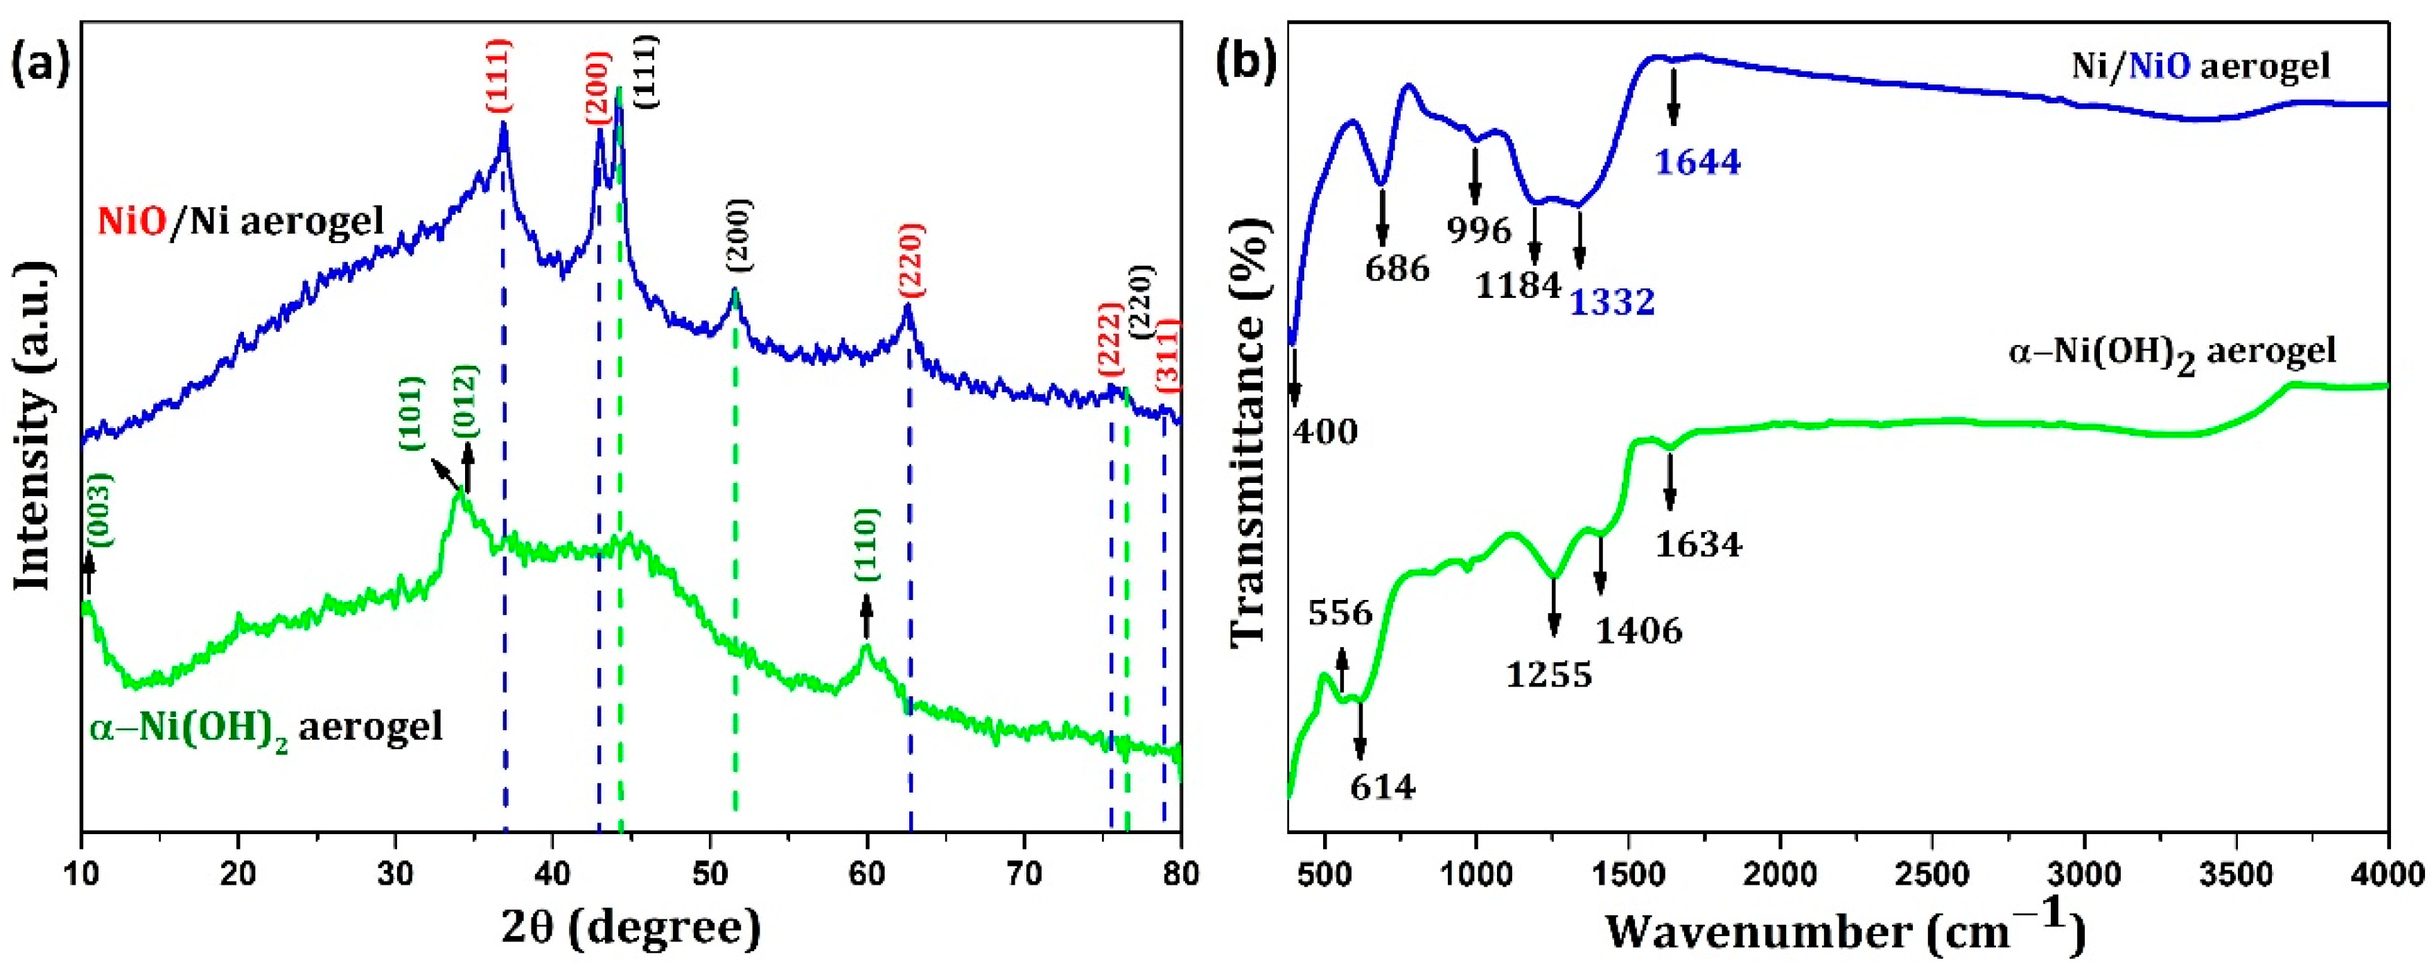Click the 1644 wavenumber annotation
coord(1697,163)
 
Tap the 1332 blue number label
coord(1613,302)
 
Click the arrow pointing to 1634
coord(1670,481)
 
